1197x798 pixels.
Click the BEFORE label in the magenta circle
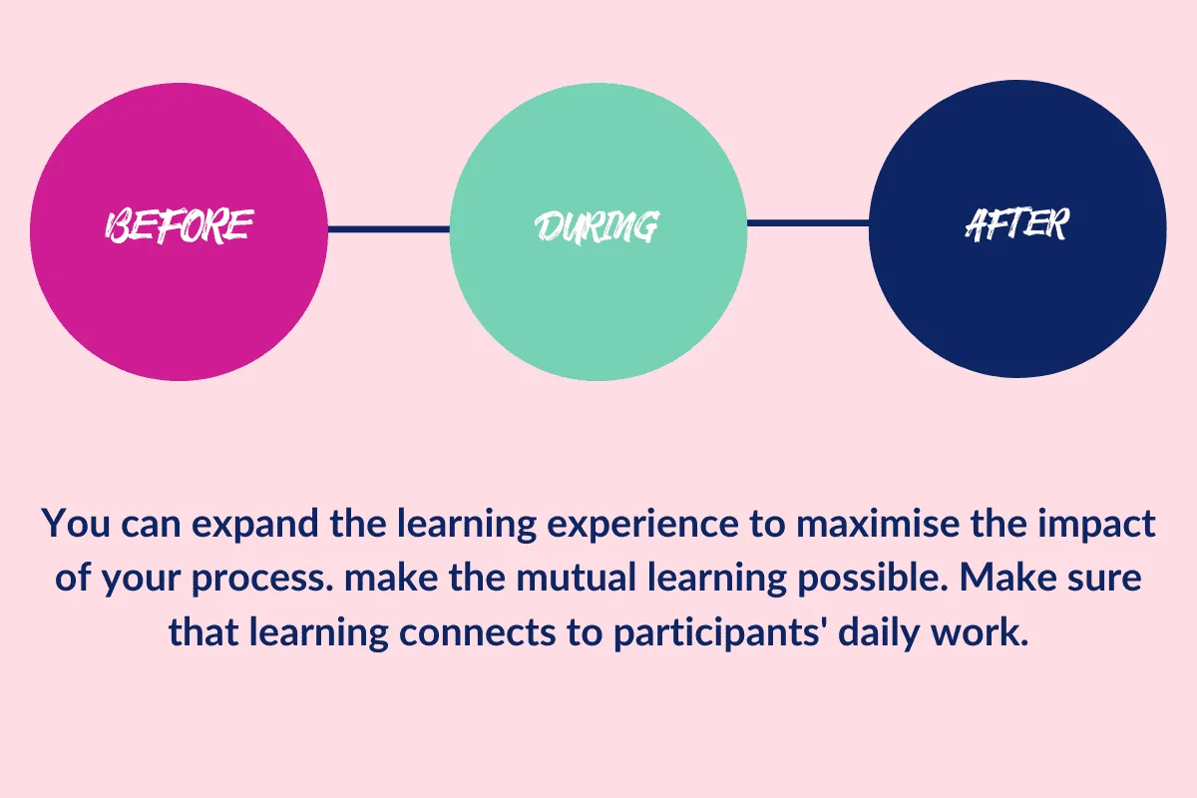coord(179,226)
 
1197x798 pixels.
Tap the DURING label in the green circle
coord(597,226)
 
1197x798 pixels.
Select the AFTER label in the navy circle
coord(1017,224)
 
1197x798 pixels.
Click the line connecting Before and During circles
coord(388,229)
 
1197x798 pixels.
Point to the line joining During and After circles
coord(808,222)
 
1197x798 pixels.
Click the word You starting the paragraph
coord(76,524)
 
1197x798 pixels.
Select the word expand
coord(255,525)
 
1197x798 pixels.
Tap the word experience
coord(642,525)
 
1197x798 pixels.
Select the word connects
coord(478,632)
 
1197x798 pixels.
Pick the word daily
coord(879,633)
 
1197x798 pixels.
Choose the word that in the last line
coord(203,631)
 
